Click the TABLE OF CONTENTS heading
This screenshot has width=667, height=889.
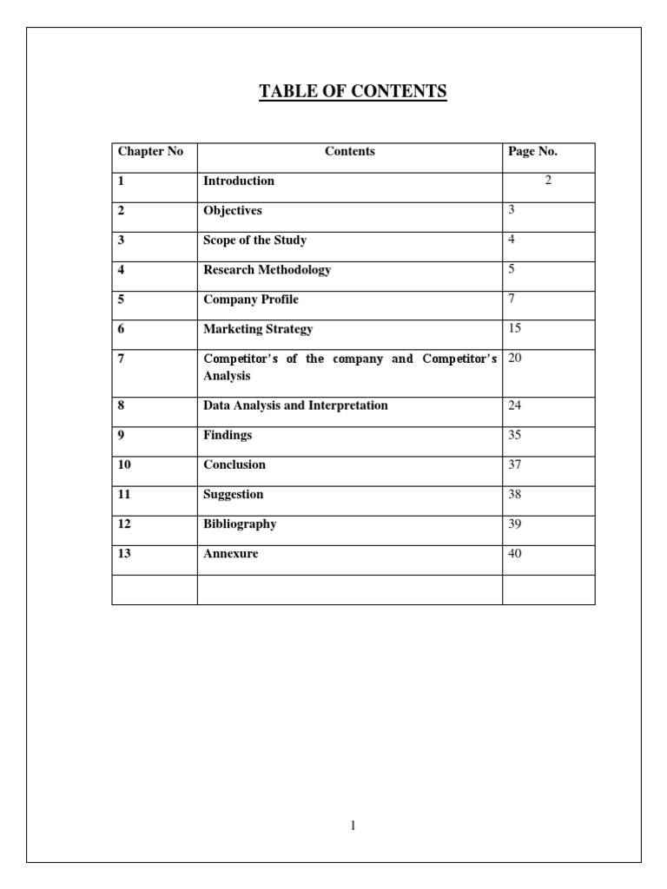[x=353, y=91]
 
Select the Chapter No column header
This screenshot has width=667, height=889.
[x=150, y=152]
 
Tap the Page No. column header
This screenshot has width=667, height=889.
[x=532, y=152]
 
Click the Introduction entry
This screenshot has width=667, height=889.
[x=239, y=181]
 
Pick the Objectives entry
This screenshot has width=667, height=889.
[x=233, y=211]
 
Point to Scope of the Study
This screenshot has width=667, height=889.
[x=254, y=240]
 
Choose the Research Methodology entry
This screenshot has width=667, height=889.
[x=267, y=270]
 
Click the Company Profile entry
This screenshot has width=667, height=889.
[x=251, y=300]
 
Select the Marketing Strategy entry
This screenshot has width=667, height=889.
[x=258, y=329]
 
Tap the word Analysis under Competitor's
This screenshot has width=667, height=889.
[x=227, y=377]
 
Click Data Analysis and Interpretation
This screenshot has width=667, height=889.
[x=295, y=405]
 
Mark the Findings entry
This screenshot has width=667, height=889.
[x=228, y=435]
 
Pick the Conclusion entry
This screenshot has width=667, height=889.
[x=234, y=464]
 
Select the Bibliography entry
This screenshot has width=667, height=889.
[x=240, y=524]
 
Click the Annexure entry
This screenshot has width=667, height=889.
[x=231, y=553]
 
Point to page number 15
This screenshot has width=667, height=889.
[x=515, y=329]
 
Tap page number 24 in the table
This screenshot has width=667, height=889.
[x=515, y=405]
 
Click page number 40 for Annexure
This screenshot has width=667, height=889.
[x=515, y=553]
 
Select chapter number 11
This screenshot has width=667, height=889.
[x=124, y=494]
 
